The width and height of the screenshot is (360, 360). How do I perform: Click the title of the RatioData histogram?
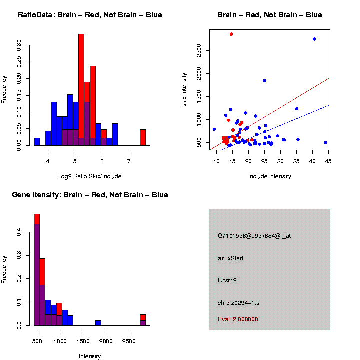(x=90, y=15)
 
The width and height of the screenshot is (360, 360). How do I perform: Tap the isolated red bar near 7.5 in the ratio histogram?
(x=143, y=138)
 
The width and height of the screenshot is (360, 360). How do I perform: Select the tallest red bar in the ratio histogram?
(x=81, y=90)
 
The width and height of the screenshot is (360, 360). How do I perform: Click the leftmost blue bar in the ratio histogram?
(x=37, y=142)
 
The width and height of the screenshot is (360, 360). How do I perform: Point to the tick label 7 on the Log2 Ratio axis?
(x=129, y=161)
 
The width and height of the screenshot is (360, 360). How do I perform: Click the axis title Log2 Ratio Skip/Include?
(x=90, y=176)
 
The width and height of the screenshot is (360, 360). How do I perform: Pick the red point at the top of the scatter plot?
(x=231, y=34)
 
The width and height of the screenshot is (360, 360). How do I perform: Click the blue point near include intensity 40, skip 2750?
(x=314, y=39)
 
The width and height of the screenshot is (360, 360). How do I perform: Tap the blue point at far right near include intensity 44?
(x=325, y=143)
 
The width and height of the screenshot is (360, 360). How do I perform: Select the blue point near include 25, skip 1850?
(x=264, y=81)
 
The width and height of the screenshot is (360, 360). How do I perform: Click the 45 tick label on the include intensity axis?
(x=328, y=161)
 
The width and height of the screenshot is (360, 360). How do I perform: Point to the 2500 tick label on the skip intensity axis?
(x=199, y=50)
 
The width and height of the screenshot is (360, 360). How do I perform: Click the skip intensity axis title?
(x=184, y=90)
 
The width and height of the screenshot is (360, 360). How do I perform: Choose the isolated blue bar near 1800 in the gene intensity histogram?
(x=98, y=323)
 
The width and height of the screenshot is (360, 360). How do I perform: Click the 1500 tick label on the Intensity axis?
(x=83, y=341)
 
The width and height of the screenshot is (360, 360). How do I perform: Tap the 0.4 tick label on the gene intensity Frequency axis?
(x=19, y=232)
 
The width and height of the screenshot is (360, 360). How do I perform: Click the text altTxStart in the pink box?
(x=230, y=258)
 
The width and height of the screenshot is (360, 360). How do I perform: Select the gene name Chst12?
(x=227, y=280)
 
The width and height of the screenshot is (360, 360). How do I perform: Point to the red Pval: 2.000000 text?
(x=238, y=319)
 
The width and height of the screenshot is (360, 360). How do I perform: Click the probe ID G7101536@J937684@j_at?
(x=254, y=236)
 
